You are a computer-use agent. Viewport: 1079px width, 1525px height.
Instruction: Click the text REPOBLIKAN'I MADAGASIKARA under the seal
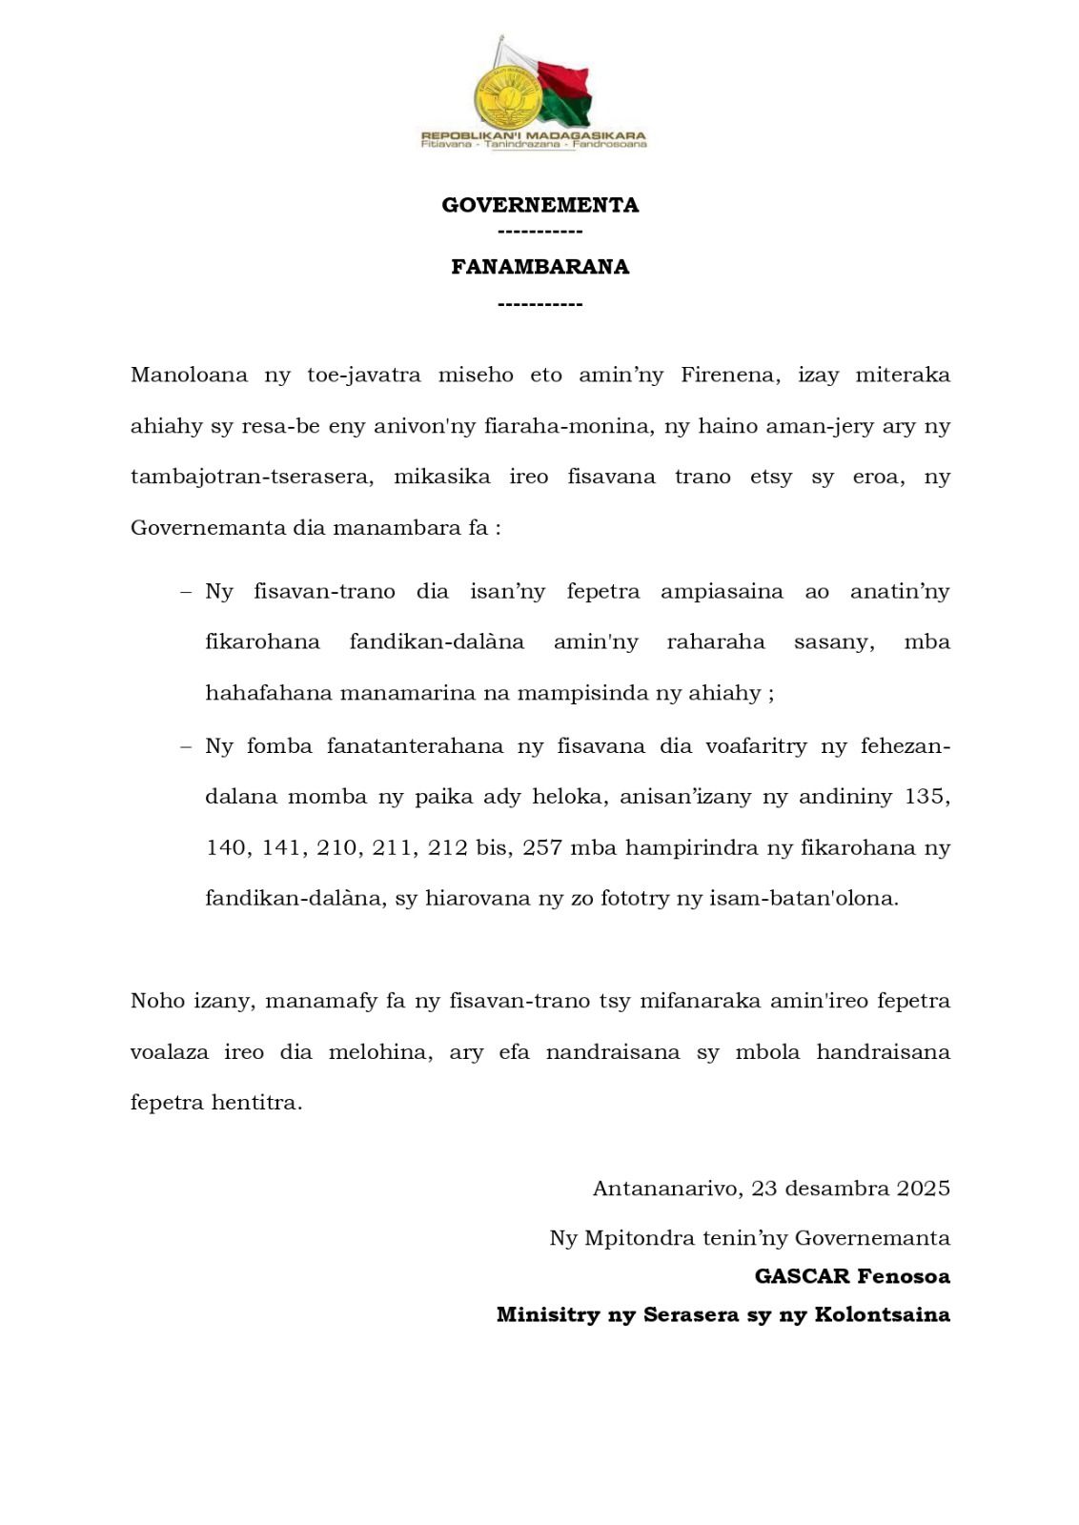point(534,135)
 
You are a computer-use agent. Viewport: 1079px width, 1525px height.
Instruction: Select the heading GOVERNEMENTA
point(539,205)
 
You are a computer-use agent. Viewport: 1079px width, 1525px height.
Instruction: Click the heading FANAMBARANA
point(539,267)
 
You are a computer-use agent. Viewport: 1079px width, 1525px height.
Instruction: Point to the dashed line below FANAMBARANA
point(539,304)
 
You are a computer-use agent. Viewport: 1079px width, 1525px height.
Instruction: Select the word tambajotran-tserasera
point(251,477)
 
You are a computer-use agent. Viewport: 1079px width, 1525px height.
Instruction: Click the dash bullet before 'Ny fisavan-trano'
point(186,592)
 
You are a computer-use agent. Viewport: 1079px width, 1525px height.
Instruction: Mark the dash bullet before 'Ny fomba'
point(186,746)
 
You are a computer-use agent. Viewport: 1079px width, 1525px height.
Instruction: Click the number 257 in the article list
point(541,847)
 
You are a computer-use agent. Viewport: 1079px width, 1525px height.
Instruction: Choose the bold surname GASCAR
point(802,1276)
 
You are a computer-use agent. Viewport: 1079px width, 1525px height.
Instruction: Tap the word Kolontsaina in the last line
point(882,1315)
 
